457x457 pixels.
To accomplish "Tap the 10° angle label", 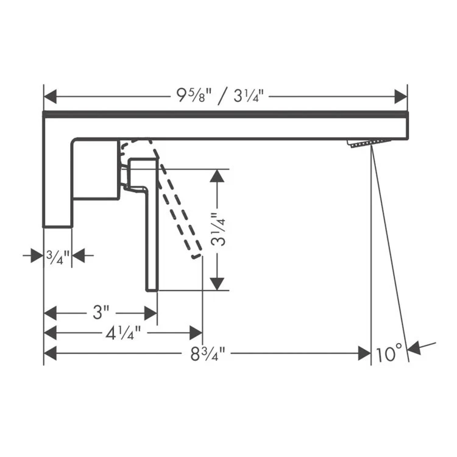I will (x=389, y=353).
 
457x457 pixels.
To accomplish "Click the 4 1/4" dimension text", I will (x=124, y=333).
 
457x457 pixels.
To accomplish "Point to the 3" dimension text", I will (x=101, y=313).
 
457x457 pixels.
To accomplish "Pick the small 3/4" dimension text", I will (x=58, y=255).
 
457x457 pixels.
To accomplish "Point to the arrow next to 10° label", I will (x=420, y=347).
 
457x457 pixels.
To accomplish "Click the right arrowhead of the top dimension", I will (x=400, y=96).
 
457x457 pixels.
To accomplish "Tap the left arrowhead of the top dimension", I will (x=51, y=96).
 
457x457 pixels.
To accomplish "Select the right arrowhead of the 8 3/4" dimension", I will (x=364, y=353).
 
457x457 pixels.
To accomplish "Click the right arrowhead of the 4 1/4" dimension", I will (x=196, y=333).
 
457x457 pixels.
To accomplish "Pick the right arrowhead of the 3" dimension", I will (x=151, y=313).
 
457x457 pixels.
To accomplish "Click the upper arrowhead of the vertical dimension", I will (x=218, y=176).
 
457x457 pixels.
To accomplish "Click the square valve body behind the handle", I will (x=96, y=169).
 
